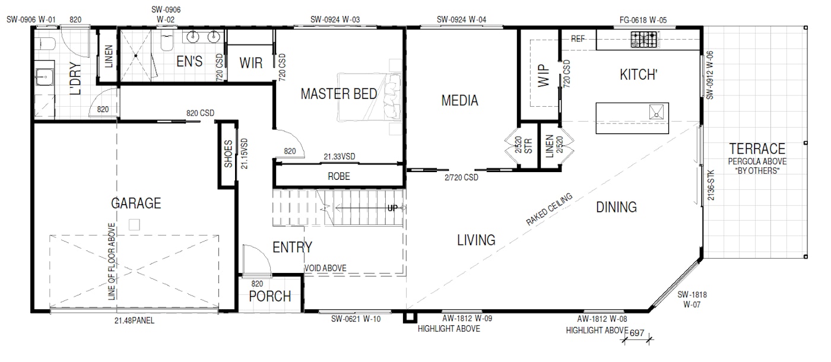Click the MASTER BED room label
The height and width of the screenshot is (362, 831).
tap(339, 94)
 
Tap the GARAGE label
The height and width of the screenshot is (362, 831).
tap(136, 203)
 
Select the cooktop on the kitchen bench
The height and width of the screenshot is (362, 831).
tap(644, 39)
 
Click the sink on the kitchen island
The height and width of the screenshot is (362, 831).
tap(656, 112)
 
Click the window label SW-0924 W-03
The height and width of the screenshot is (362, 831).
tap(335, 20)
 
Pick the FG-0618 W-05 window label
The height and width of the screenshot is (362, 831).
tap(643, 20)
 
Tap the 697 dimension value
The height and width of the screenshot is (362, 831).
tap(636, 333)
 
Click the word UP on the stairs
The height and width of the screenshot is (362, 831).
tap(392, 208)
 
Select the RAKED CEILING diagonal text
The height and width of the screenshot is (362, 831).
tap(550, 209)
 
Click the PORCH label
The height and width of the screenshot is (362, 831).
tap(270, 296)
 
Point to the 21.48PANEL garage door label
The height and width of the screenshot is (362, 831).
tap(134, 320)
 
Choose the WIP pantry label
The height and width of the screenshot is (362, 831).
tap(544, 76)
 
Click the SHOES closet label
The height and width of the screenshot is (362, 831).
tap(228, 154)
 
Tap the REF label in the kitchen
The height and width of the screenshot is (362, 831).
tap(578, 39)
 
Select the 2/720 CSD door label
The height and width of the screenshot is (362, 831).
tap(462, 177)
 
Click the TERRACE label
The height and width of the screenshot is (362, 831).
tap(757, 149)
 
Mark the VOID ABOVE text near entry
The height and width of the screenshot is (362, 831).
tap(325, 268)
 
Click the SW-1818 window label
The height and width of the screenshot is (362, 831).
tap(692, 295)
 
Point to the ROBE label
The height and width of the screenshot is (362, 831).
tap(339, 176)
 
